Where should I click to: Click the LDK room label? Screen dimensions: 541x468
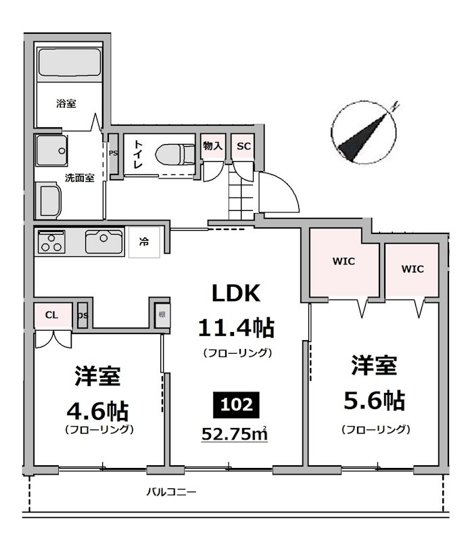[x=236, y=293]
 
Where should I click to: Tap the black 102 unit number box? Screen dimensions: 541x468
[x=236, y=405]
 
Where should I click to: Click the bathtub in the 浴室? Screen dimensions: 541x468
[x=70, y=63]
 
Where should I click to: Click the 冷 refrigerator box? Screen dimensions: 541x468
[x=145, y=241]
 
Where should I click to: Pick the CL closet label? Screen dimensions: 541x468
[x=51, y=314]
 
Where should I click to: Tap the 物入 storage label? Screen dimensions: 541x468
[x=213, y=146]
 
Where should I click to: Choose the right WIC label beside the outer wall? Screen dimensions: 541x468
[x=413, y=268]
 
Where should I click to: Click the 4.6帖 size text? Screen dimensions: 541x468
[x=98, y=410]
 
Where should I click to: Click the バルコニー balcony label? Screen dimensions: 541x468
[x=172, y=492]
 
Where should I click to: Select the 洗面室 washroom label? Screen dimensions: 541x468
[x=79, y=178]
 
